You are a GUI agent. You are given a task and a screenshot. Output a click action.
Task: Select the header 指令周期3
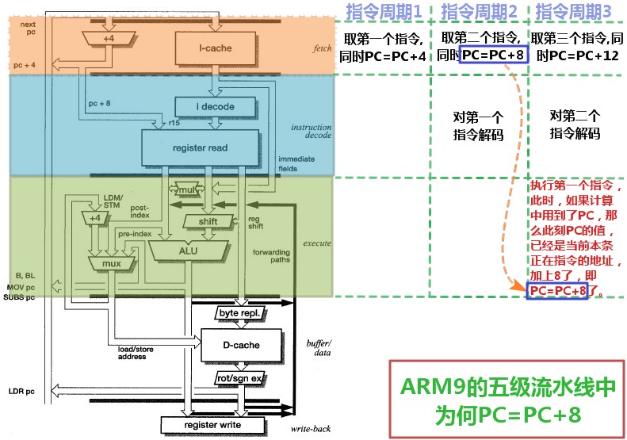575,12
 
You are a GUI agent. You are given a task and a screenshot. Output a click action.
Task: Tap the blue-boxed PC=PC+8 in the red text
559,291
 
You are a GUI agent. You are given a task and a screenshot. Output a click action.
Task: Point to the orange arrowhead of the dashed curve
519,288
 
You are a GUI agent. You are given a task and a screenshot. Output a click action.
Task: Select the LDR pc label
22,391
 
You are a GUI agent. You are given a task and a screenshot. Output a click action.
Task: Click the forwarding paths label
271,258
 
